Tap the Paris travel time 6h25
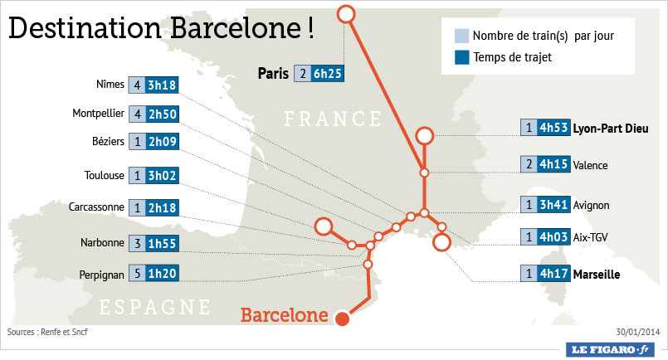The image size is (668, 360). click(327, 74)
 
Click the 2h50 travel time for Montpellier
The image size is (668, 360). click(162, 114)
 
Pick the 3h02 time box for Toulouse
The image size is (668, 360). click(162, 175)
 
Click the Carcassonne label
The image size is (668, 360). click(97, 207)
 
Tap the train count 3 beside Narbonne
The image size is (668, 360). click(137, 243)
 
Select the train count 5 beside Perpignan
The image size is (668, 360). click(137, 273)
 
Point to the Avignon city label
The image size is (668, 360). click(591, 204)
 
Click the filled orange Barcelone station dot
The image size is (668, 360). click(341, 317)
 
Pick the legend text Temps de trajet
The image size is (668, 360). click(512, 57)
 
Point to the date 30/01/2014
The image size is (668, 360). click(637, 333)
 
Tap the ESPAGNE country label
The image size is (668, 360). click(155, 308)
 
